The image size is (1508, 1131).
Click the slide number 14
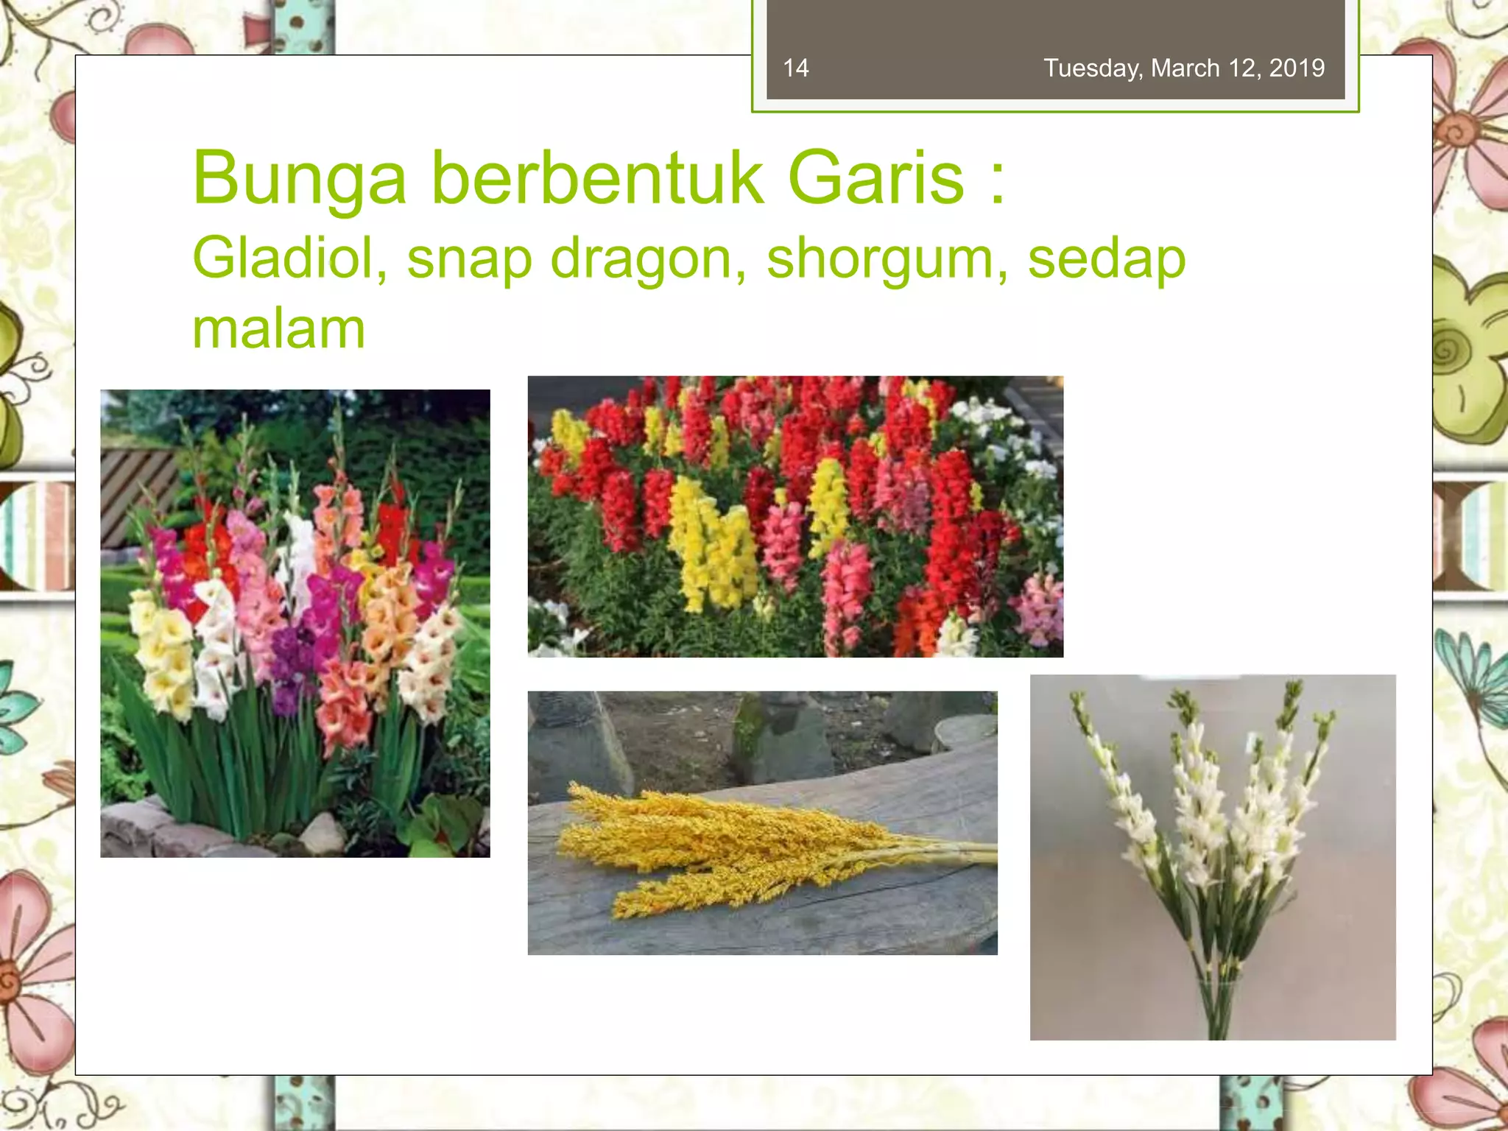coord(796,68)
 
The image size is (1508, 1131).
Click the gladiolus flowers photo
coord(295,623)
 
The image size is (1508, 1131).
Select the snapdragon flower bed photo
coord(795,516)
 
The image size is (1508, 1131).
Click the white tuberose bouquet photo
coord(1212,856)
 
